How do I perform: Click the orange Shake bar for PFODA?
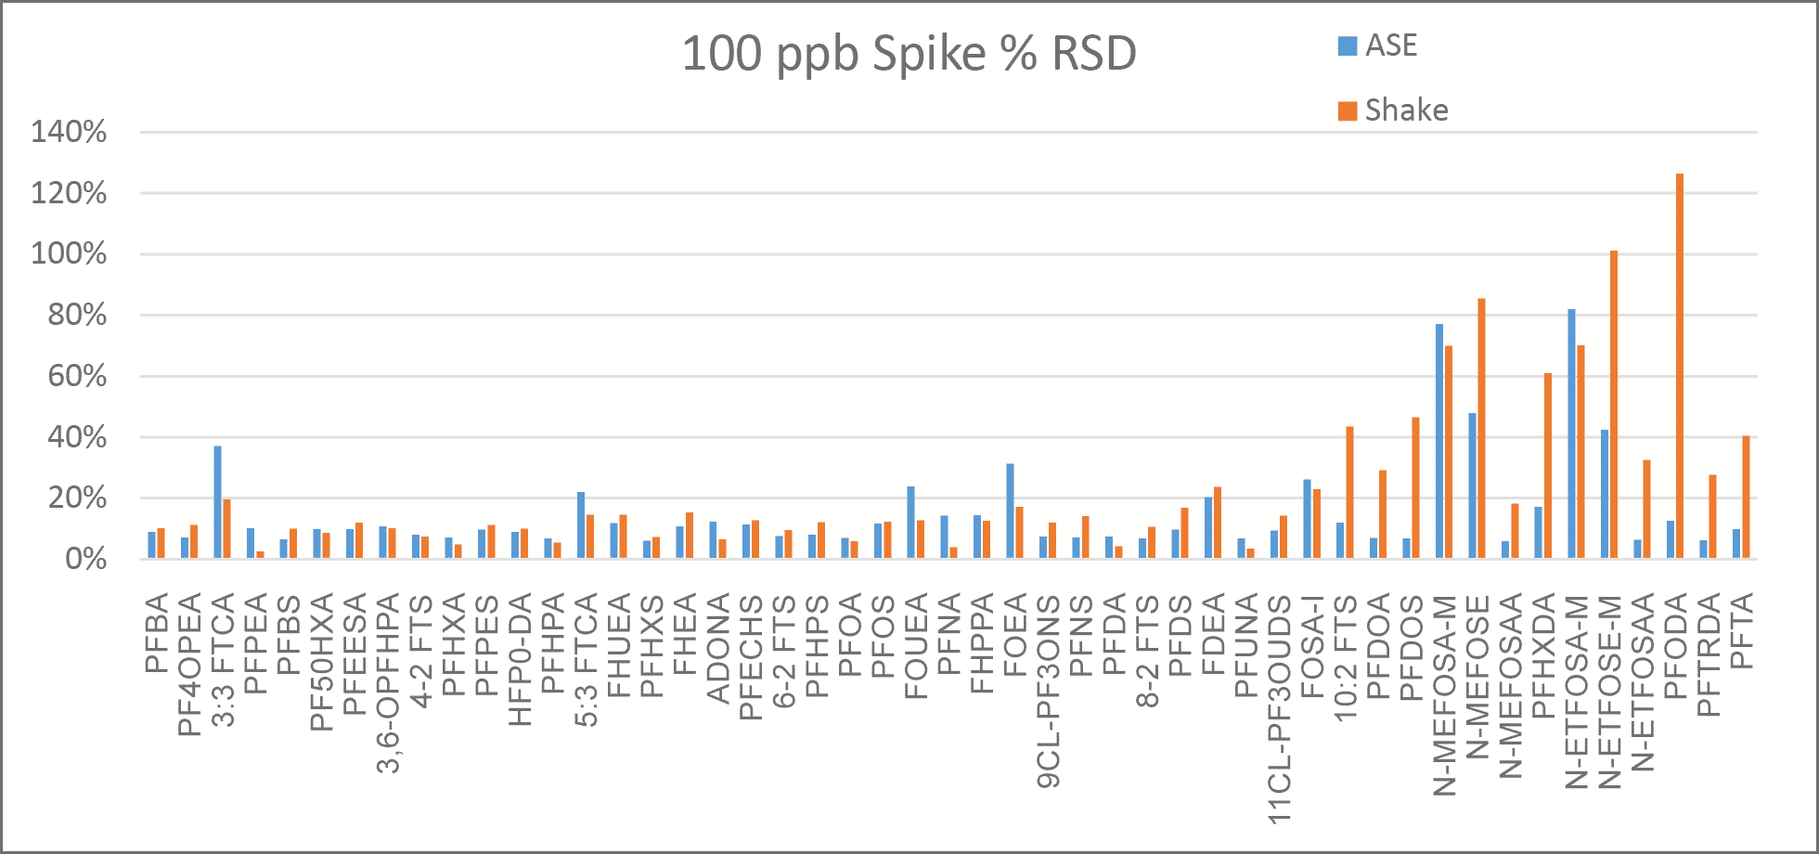tap(1680, 366)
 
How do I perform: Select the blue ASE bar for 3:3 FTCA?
tap(218, 502)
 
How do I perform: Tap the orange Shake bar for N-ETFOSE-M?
tap(1614, 405)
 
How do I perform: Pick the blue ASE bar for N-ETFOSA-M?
tap(1571, 433)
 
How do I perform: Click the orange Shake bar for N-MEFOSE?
tap(1481, 429)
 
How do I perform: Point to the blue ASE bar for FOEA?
tap(1011, 511)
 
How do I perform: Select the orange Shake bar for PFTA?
tap(1746, 497)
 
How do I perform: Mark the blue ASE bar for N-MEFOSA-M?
tap(1439, 441)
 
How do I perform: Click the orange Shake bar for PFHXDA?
tap(1548, 465)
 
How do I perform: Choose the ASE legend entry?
tap(1378, 45)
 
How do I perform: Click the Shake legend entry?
tap(1392, 110)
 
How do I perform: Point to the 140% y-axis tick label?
tap(69, 132)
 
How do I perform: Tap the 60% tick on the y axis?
tap(78, 376)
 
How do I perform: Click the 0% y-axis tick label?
tap(85, 559)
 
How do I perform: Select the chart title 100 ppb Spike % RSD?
tap(909, 53)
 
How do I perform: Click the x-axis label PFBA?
tap(157, 632)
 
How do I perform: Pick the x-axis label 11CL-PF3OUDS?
tap(1281, 709)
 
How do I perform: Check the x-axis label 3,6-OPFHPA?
tap(389, 682)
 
